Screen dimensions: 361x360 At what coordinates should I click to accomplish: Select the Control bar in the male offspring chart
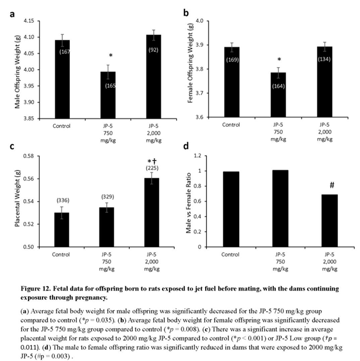click(66, 78)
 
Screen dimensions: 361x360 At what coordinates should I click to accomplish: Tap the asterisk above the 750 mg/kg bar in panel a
click(111, 56)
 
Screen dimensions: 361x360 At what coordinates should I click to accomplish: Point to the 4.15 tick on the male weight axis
click(41, 21)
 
